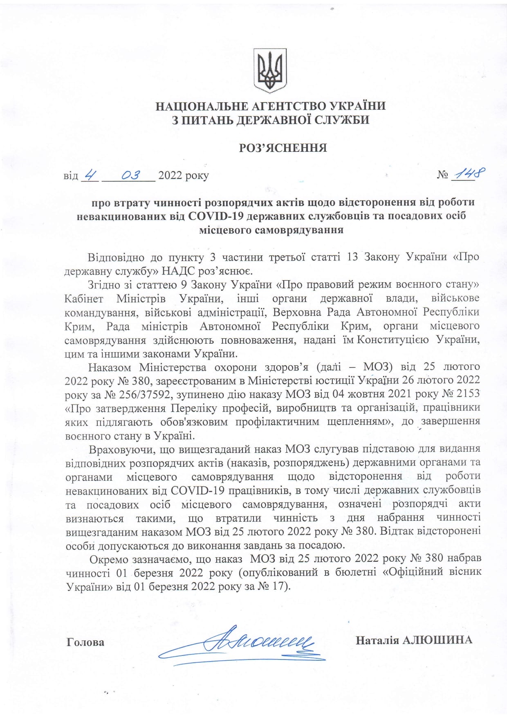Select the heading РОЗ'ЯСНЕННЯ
click(x=283, y=148)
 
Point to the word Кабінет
click(x=84, y=298)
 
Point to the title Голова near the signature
click(x=85, y=642)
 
